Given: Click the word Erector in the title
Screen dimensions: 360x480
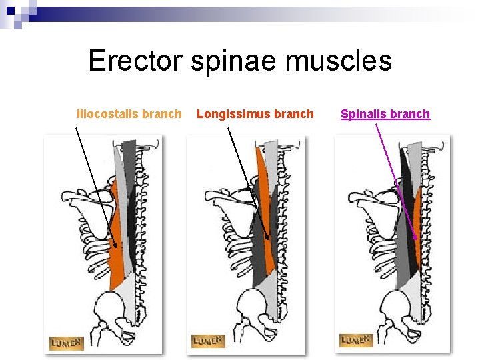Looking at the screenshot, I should click(x=135, y=61).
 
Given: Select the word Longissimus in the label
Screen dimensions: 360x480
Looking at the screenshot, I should click(x=230, y=114).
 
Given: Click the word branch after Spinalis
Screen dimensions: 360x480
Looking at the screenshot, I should click(x=409, y=114).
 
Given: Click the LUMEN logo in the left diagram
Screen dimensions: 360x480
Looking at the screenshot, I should click(x=66, y=343).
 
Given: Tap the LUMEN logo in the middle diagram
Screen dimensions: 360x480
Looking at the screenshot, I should click(x=208, y=341).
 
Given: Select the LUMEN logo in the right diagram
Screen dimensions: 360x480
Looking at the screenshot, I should click(x=355, y=340).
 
